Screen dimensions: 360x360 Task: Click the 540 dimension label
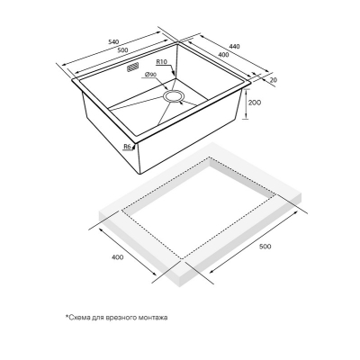[113, 41]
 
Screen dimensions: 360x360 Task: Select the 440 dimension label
[234, 47]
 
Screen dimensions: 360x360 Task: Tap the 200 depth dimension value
[255, 103]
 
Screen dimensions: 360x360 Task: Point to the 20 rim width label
[273, 79]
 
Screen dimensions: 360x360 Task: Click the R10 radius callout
[161, 62]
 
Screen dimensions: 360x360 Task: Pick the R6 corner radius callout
[127, 147]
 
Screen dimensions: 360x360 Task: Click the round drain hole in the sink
[174, 96]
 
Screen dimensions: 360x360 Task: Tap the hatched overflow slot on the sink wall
[132, 67]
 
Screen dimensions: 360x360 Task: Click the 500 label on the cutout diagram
[265, 247]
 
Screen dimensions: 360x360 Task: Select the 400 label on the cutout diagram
[117, 257]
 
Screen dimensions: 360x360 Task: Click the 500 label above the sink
[123, 49]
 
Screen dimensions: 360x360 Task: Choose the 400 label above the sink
[223, 55]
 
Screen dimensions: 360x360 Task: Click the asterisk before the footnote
[67, 316]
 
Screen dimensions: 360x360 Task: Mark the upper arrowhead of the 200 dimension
[246, 92]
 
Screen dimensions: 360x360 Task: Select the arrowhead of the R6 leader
[136, 146]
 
